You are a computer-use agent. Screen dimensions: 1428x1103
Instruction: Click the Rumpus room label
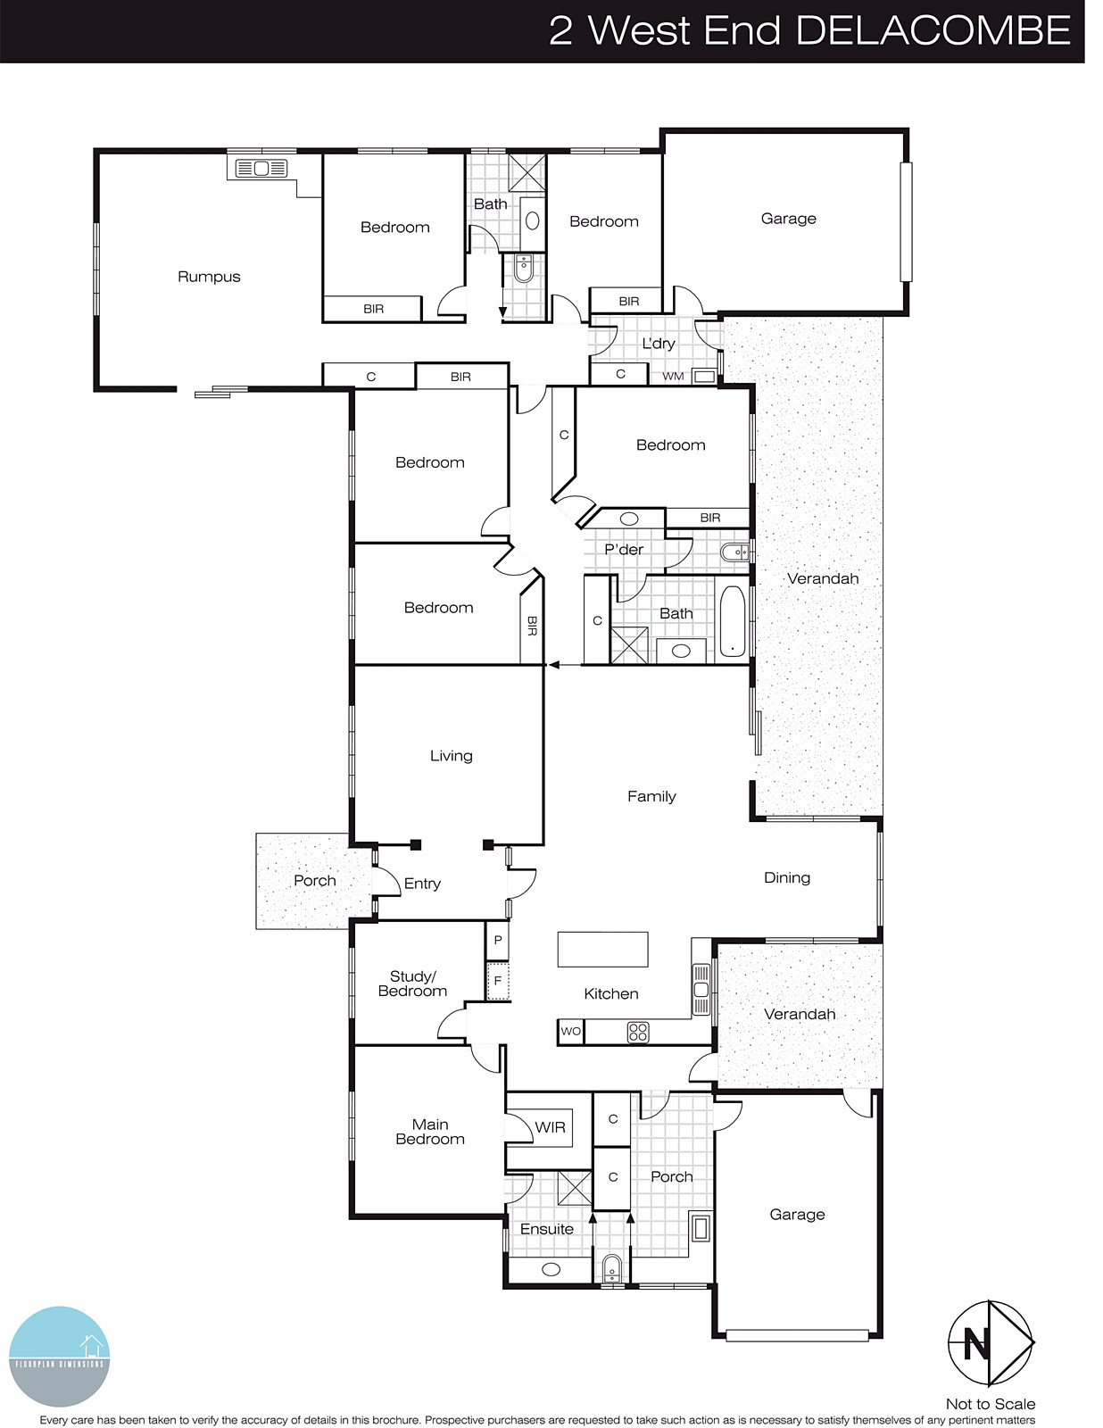[209, 277]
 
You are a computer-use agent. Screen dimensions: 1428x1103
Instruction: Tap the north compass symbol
[990, 1342]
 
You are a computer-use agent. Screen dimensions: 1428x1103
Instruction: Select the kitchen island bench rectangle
[602, 949]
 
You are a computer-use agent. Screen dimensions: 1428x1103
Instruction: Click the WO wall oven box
[570, 1031]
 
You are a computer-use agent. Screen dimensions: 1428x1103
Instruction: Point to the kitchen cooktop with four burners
[638, 1033]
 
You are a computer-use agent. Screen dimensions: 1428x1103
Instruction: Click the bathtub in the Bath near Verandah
[732, 622]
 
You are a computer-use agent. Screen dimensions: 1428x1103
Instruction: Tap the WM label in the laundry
[673, 377]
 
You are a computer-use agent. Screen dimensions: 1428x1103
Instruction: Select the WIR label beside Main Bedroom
[550, 1127]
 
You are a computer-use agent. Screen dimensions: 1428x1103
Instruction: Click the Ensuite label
[546, 1229]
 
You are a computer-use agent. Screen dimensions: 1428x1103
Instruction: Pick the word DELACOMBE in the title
[932, 31]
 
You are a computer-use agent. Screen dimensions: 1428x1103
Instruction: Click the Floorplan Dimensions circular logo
[60, 1356]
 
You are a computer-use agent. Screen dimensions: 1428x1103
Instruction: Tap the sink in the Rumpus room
[261, 168]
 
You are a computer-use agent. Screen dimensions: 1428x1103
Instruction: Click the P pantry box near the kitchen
[498, 940]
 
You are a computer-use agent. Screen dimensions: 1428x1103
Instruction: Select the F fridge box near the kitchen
[498, 981]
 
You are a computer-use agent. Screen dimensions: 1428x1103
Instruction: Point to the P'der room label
[623, 550]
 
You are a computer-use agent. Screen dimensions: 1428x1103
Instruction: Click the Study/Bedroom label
[412, 984]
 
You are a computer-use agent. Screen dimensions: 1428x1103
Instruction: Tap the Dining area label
[786, 878]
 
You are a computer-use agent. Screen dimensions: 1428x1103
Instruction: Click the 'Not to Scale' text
[990, 1404]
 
